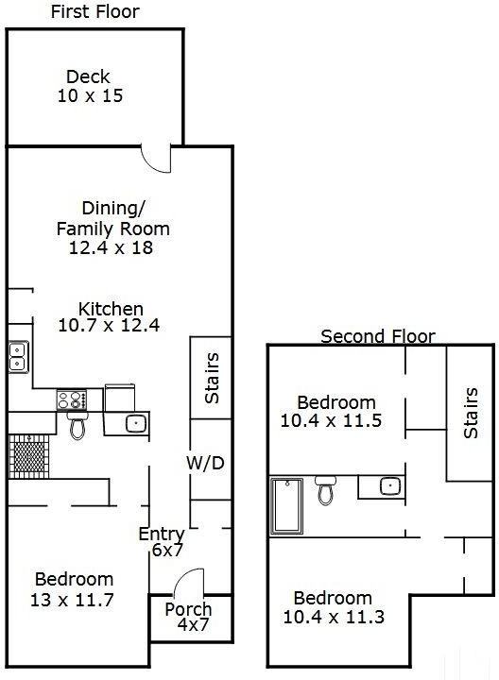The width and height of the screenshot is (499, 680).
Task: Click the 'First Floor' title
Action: coord(94,12)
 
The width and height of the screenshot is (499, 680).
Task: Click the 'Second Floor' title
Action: coord(378,335)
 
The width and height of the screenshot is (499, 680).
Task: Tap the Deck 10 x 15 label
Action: coord(88,86)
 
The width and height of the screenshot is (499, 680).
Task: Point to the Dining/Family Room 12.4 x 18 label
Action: coord(112,228)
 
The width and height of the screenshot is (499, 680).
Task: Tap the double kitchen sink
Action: coord(18,356)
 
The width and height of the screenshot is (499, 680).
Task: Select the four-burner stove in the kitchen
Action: coord(72,399)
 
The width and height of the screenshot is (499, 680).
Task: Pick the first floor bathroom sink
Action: coord(135,424)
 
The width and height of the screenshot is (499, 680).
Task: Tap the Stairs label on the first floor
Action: coord(212,377)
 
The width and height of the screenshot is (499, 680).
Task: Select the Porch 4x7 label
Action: coord(188,617)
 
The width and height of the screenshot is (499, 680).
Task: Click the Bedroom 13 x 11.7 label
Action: coord(74,588)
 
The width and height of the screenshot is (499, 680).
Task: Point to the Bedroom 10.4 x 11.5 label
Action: coord(331,412)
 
